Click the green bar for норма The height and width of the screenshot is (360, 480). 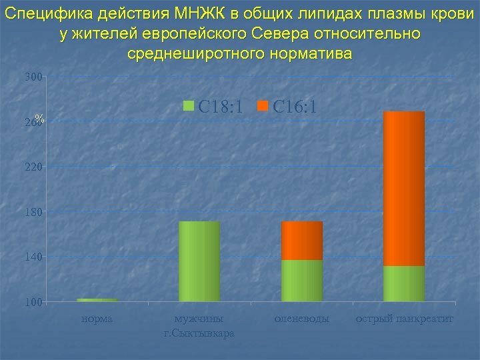(x=97, y=300)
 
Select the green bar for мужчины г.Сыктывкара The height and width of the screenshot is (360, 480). (x=199, y=261)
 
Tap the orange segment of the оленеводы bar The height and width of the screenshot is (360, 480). (x=302, y=241)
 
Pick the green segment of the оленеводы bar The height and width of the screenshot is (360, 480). (x=302, y=281)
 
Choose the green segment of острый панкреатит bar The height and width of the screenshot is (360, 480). (x=404, y=284)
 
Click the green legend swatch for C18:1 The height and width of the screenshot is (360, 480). (x=188, y=106)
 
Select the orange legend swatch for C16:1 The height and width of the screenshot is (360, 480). (x=262, y=106)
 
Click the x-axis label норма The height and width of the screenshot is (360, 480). (x=97, y=319)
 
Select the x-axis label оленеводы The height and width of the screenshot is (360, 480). (x=302, y=319)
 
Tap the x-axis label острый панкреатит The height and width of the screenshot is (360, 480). (x=404, y=319)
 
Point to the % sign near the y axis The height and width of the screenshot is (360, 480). (x=40, y=119)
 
